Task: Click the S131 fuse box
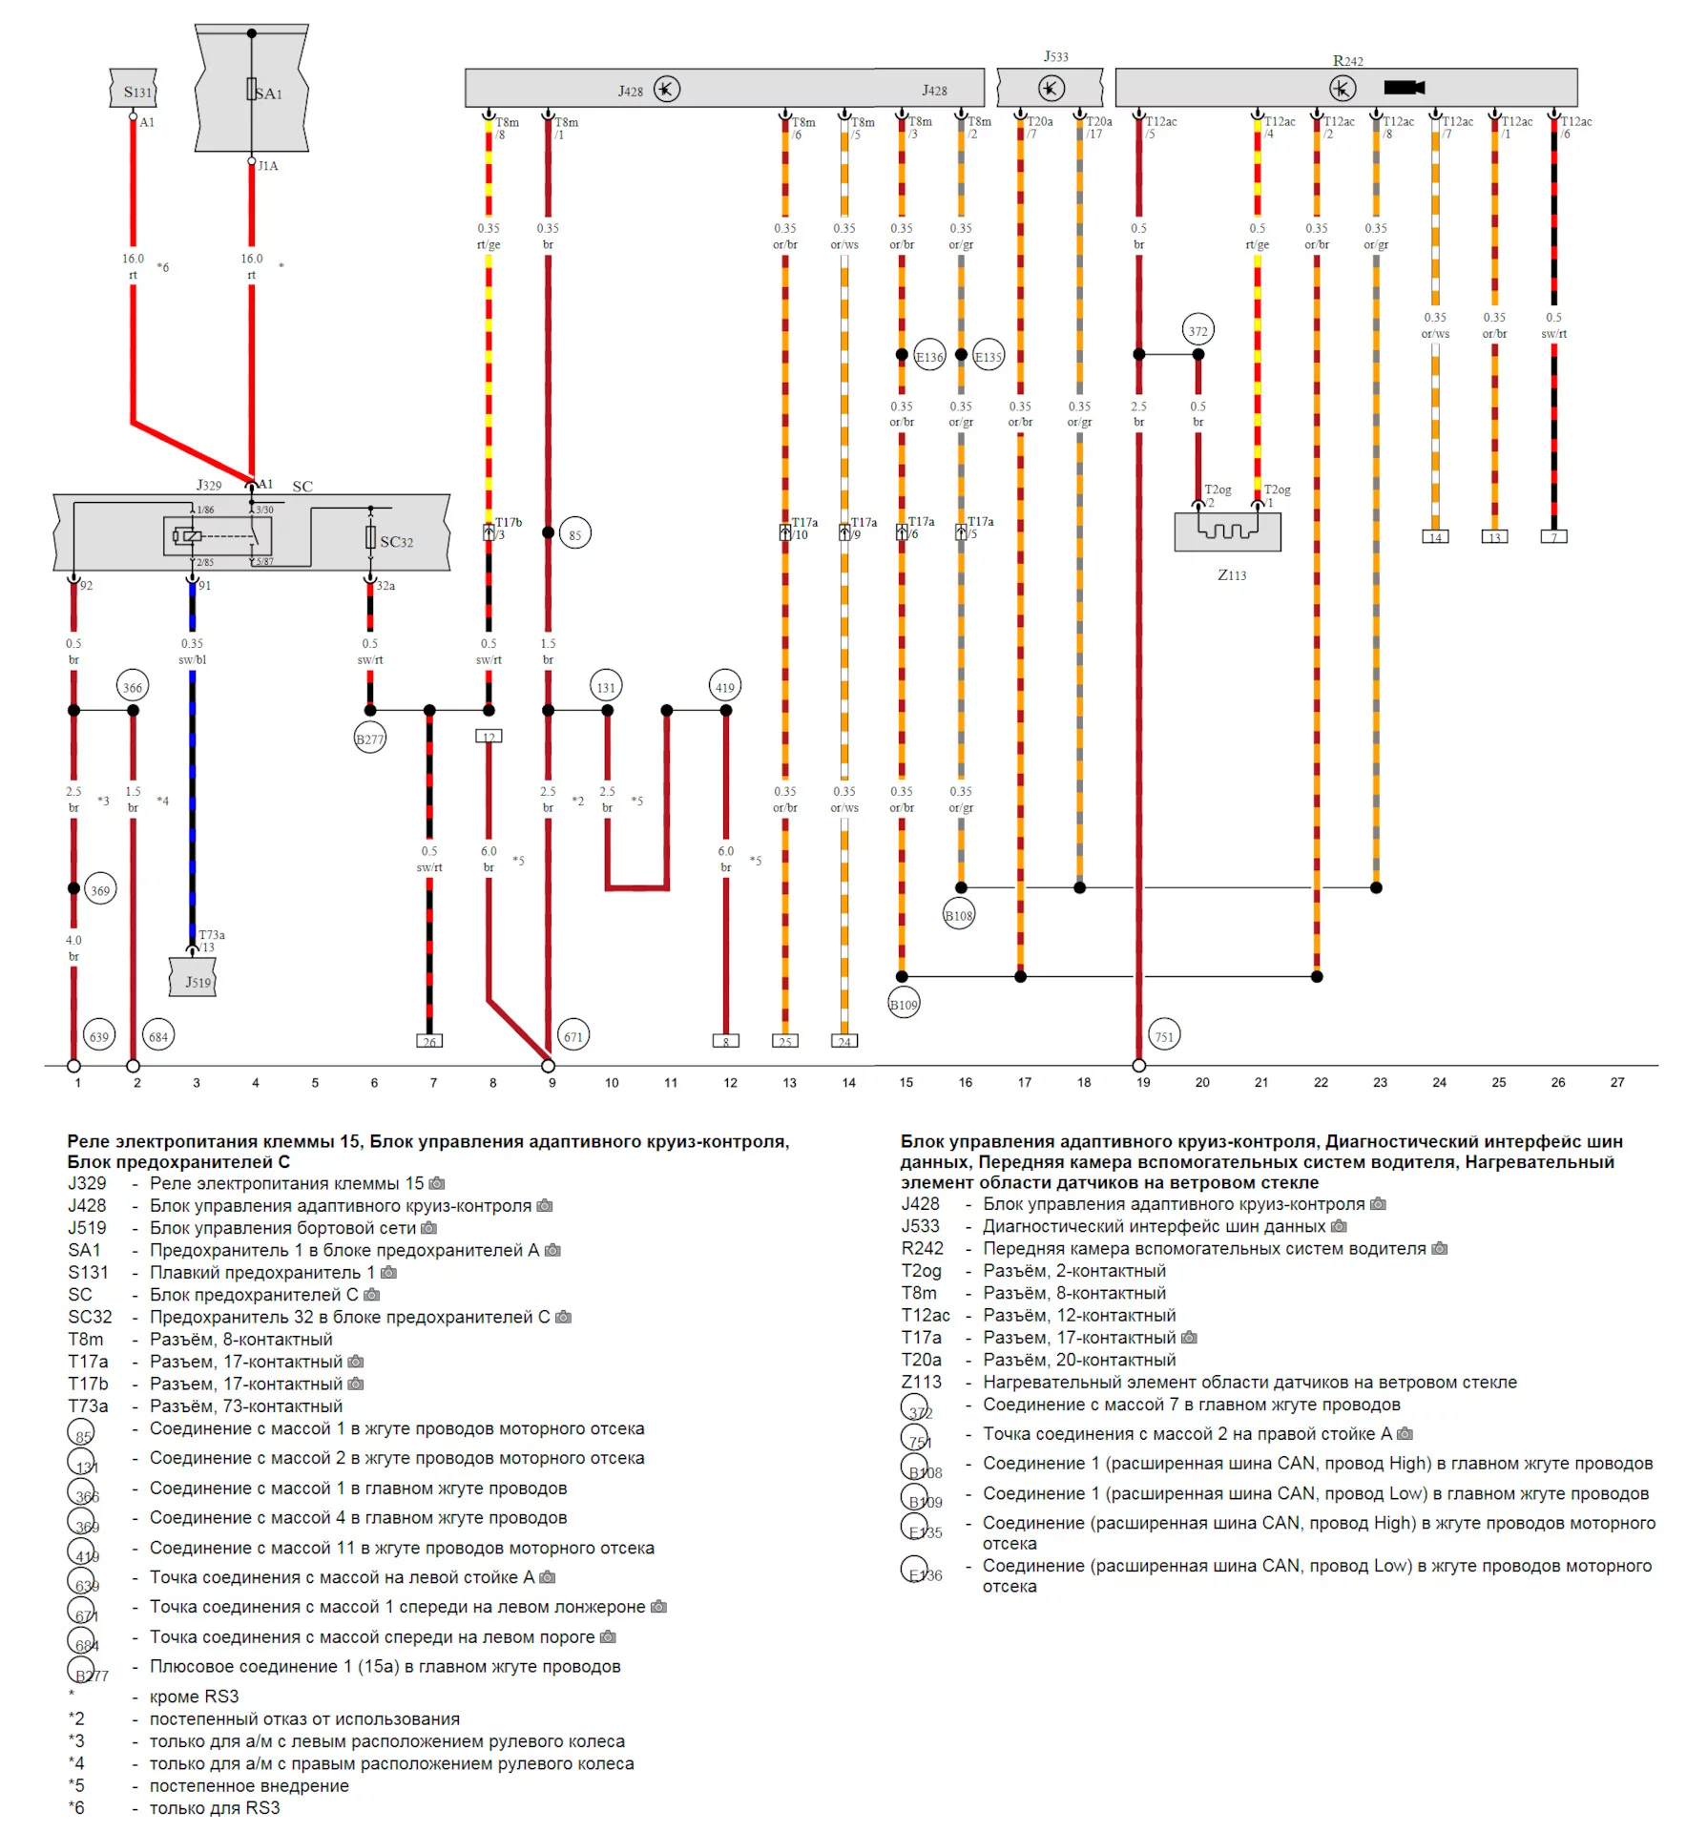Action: pos(134,91)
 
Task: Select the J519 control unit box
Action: pos(193,980)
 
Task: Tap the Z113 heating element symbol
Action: pos(1227,531)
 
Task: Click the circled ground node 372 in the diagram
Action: pos(1197,331)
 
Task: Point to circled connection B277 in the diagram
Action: pos(369,739)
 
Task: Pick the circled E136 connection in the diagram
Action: pos(928,357)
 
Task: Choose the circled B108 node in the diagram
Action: pos(958,915)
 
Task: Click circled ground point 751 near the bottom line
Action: pos(1164,1035)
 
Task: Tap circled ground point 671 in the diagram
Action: pos(572,1035)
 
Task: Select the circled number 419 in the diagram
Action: pos(725,687)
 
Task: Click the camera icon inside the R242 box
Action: pos(1404,88)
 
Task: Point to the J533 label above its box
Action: pos(1055,56)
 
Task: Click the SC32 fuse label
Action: pos(396,542)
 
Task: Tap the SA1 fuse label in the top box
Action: pos(268,94)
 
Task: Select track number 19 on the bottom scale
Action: pos(1143,1082)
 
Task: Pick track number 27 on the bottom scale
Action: pos(1616,1082)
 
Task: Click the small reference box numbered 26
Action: pos(429,1041)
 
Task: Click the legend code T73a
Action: pos(88,1405)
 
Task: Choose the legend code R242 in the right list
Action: pos(922,1248)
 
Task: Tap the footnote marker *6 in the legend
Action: pos(76,1807)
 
